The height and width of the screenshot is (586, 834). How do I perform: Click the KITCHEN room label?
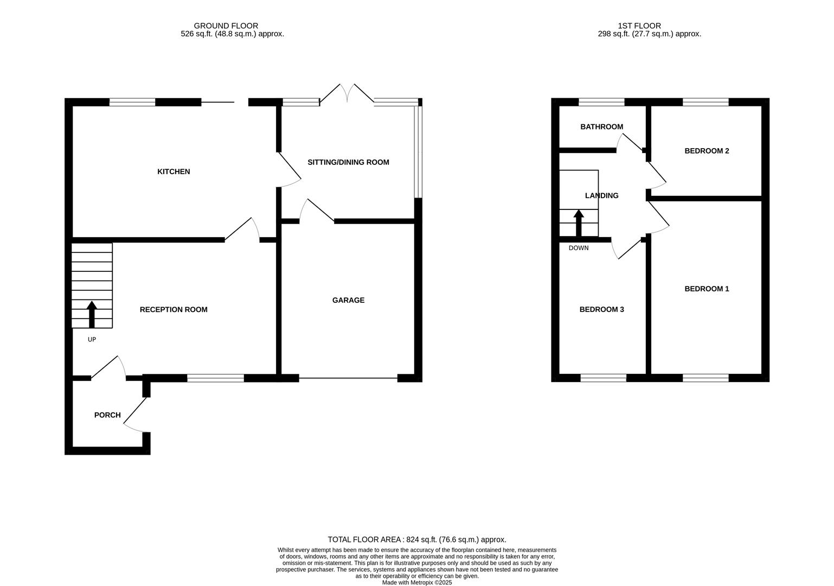[x=174, y=171]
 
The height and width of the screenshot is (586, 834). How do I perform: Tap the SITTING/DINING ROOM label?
[x=348, y=162]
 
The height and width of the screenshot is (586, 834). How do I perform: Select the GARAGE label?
[x=348, y=300]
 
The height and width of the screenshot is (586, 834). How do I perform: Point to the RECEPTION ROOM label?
[x=174, y=310]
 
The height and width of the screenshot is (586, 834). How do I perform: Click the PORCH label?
[x=107, y=415]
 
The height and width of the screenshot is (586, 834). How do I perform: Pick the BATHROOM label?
[x=601, y=127]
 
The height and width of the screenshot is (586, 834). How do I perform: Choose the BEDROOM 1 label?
[x=707, y=289]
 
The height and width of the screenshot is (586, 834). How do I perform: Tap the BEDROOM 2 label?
[x=707, y=151]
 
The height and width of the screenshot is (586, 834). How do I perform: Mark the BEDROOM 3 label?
[x=601, y=310]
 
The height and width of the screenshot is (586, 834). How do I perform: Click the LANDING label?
[x=601, y=196]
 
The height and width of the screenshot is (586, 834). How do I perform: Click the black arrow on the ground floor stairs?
[x=92, y=314]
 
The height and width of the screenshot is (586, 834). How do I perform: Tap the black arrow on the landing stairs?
[x=579, y=222]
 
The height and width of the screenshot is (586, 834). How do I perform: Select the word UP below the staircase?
[x=92, y=340]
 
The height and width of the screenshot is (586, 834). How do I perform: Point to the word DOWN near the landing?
[x=578, y=248]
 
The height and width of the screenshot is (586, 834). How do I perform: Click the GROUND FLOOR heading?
[x=226, y=26]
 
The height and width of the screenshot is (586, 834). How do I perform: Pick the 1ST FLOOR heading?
[x=639, y=26]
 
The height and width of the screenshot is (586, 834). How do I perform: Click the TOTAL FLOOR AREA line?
[x=416, y=539]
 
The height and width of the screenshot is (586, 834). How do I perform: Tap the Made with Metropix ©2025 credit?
[x=416, y=583]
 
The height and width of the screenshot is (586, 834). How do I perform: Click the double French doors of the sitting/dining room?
[x=347, y=93]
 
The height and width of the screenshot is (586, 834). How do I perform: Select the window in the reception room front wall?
[x=215, y=378]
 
